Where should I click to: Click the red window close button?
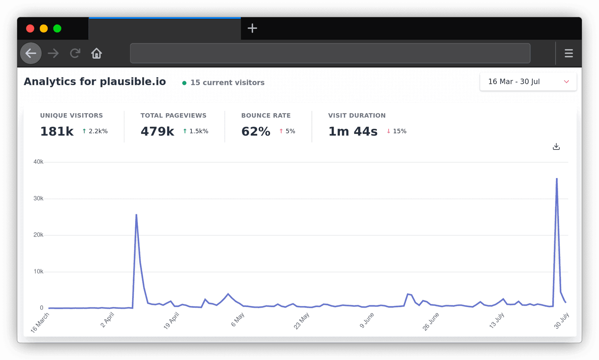coord(30,28)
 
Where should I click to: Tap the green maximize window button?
coord(57,28)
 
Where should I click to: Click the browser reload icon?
coord(75,53)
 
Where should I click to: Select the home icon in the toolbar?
coord(97,53)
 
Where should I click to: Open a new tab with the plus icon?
coord(252,28)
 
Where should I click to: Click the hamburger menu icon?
coord(569,53)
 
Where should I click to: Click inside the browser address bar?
coord(330,53)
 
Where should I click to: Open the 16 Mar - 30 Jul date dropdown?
coord(528,82)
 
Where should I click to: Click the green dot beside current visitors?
coord(184,83)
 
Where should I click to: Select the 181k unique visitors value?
coord(57,131)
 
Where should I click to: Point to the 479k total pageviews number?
coord(157,131)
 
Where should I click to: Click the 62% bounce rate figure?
coord(256,131)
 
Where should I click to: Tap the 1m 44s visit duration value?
coord(353,131)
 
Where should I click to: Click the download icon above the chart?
coord(556,146)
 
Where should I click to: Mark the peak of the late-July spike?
coord(557,179)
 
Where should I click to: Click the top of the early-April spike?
coord(136,215)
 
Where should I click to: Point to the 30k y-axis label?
coord(38,199)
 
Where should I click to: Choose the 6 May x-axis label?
coord(238,320)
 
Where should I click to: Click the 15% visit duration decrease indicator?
coord(396,131)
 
